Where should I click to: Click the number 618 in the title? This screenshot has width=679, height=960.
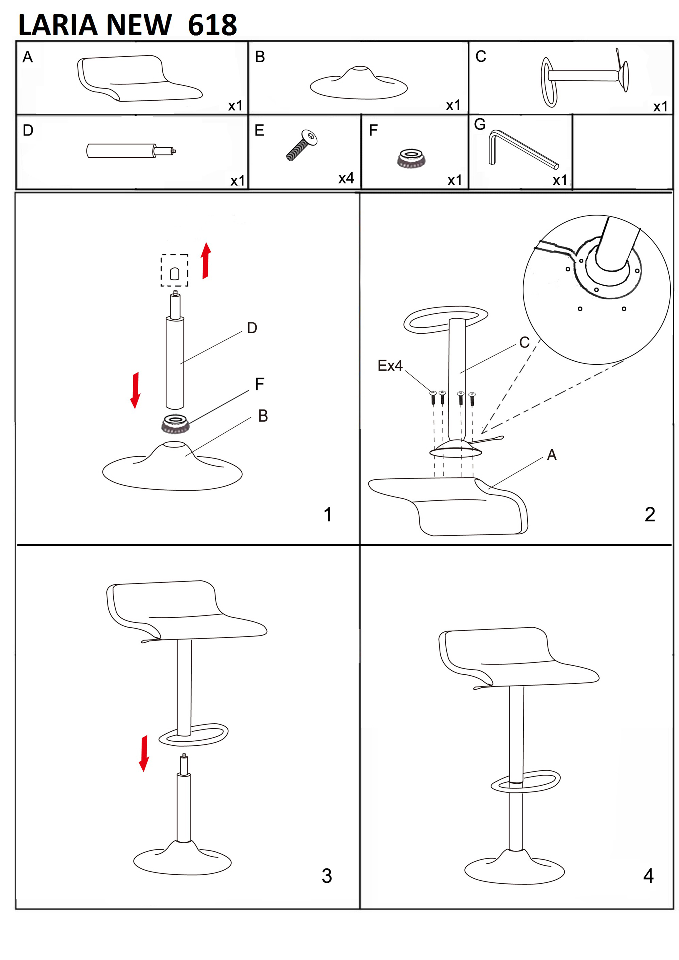coord(212,25)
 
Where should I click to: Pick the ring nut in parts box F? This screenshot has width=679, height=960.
coord(411,158)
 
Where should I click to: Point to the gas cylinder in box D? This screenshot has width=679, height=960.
coord(131,150)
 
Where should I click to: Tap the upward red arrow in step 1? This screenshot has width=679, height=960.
coord(206,260)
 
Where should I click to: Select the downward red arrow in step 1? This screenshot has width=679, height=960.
coord(135,390)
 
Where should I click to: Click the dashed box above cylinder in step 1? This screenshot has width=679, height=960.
coord(174,270)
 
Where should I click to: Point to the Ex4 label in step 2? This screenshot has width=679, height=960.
coord(390,365)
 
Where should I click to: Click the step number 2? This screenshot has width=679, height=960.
coord(650,514)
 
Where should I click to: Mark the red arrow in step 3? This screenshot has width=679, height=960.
coord(144,753)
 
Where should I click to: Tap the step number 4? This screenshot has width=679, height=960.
coord(648,876)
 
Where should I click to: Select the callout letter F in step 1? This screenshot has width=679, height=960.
coord(260,384)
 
